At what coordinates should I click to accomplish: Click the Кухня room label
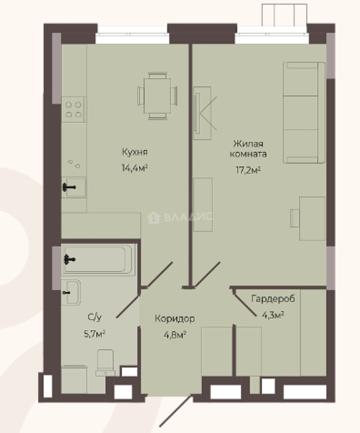pos(135,152)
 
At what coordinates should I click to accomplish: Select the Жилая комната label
pos(248,149)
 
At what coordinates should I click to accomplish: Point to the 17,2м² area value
pos(248,170)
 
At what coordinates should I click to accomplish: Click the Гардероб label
pos(273,299)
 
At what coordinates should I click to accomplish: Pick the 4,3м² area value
pos(273,315)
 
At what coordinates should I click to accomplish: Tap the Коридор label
pos(175,318)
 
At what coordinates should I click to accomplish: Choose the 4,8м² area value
pos(175,335)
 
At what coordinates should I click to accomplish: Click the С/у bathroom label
pos(95,317)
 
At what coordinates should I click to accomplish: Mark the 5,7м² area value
pos(95,334)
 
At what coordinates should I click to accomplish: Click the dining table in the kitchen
pos(158,96)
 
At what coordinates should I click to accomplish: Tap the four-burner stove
pos(74,109)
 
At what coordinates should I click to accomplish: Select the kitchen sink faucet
pos(69,188)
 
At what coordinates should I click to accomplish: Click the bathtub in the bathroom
pos(98,259)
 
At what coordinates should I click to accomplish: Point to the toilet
pos(105,362)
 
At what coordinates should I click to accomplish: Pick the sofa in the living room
pos(304,113)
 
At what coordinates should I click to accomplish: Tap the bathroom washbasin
pos(71,292)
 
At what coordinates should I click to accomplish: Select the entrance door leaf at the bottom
pos(176,411)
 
